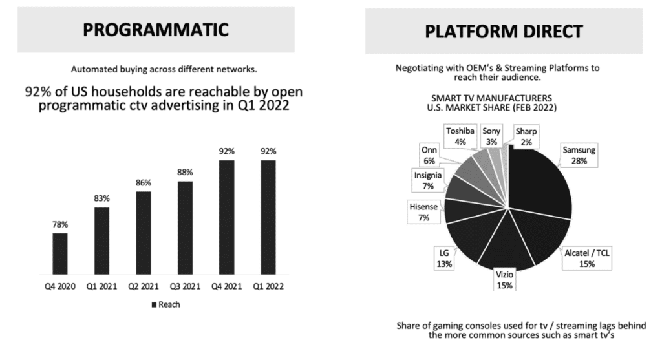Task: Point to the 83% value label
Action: [101, 198]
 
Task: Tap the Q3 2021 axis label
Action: [185, 286]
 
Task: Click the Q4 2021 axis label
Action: [226, 286]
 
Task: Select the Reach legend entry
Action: [165, 304]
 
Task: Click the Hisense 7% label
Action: [425, 212]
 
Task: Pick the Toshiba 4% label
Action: [460, 134]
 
